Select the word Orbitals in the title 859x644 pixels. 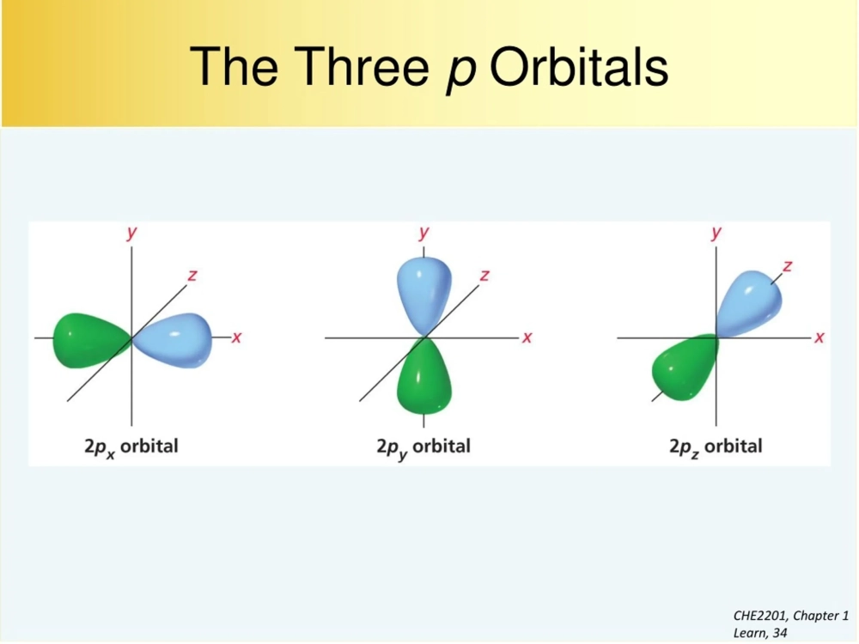[x=580, y=66]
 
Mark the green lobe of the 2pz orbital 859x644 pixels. [x=684, y=368]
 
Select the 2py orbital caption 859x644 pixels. [x=423, y=447]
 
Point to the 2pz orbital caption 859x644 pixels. [x=716, y=447]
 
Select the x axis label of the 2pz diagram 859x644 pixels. [x=819, y=337]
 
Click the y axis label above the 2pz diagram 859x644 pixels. [x=716, y=233]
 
